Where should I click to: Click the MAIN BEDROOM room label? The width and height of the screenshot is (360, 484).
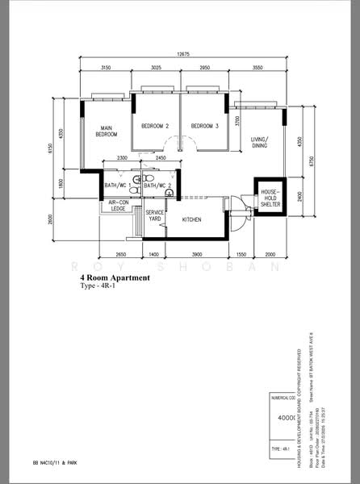coord(106,131)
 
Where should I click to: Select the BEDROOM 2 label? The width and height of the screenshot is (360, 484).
coord(154,127)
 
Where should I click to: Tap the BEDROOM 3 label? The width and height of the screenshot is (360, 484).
coord(205,127)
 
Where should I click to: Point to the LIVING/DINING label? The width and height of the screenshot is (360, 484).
coord(259,143)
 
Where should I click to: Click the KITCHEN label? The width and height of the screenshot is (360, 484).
coord(191,219)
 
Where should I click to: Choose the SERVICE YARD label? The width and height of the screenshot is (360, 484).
coord(154,216)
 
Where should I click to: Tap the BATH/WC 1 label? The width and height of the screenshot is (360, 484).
coord(119,186)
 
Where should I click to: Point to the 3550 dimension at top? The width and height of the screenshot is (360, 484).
coord(257,68)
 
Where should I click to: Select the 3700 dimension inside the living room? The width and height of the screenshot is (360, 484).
coord(237,121)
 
